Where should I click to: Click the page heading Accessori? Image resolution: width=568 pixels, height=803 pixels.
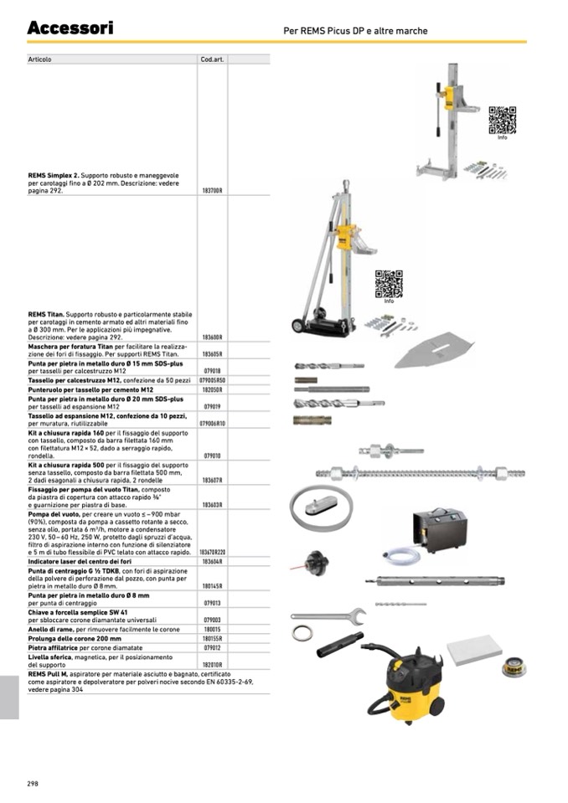point(70,28)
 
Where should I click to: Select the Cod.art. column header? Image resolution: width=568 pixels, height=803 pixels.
point(210,59)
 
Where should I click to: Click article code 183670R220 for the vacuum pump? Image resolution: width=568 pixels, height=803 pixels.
point(212,553)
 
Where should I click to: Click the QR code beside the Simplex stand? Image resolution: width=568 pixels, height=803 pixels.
point(502,120)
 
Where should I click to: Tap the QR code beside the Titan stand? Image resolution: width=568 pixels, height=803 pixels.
point(389,284)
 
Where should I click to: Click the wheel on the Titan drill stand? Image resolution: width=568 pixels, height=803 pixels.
point(297,325)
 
